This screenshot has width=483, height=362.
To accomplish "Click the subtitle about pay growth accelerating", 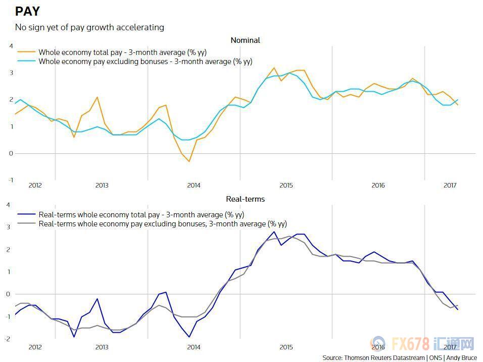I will [89, 27].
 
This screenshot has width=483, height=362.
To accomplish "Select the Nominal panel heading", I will [245, 40].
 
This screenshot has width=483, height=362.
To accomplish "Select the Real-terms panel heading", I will [245, 199].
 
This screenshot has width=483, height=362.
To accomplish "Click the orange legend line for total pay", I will [27, 52].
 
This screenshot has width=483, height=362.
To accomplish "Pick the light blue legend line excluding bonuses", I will [27, 62].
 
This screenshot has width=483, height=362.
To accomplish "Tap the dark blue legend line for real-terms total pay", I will [27, 215].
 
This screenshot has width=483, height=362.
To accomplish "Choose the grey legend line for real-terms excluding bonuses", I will [27, 224].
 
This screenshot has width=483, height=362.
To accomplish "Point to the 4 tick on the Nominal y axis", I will [11, 46].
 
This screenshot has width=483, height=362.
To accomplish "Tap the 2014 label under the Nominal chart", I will [194, 185].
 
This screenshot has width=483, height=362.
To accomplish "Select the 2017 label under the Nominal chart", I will [450, 185].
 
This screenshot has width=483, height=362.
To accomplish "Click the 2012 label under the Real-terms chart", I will [35, 347].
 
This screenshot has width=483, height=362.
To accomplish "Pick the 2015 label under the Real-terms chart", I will [286, 347].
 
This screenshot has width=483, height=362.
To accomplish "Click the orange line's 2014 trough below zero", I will [189, 161].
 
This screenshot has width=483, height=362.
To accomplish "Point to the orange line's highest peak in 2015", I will [274, 68].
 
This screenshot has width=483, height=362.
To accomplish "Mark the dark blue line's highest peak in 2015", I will [274, 232].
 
